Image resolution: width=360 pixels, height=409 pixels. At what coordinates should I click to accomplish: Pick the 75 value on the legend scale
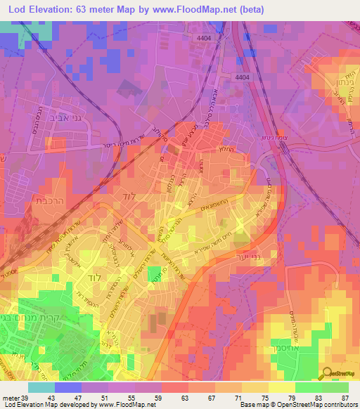pyautogui.click(x=264, y=397)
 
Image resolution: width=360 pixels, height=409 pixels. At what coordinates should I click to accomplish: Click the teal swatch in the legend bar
pyautogui.click(x=41, y=387)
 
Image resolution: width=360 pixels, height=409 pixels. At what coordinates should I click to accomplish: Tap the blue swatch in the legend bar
pyautogui.click(x=67, y=387)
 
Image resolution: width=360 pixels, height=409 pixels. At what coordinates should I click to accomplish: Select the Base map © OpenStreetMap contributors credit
pyautogui.click(x=299, y=405)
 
